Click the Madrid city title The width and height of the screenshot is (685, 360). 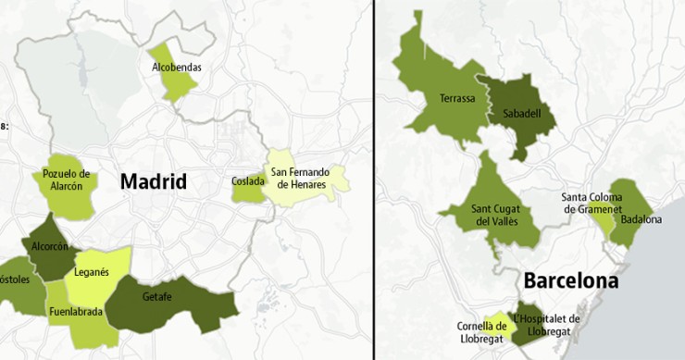(153, 181)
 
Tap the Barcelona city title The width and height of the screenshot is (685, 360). (569, 279)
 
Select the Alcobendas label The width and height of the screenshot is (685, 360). (176, 67)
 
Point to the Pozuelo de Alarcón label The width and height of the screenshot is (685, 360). (67, 180)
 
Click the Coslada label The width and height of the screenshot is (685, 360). (247, 181)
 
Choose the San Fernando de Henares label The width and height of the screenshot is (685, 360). (299, 178)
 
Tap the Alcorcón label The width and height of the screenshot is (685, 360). (50, 247)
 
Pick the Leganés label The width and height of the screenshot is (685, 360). (92, 271)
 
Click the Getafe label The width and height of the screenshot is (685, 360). (158, 297)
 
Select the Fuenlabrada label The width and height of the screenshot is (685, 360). (76, 312)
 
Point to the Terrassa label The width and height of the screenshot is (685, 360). (457, 98)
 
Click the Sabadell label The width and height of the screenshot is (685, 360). (522, 114)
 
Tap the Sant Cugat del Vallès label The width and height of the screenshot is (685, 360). (492, 215)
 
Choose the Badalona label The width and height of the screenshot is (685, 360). (641, 219)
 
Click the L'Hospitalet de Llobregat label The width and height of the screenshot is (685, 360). (546, 325)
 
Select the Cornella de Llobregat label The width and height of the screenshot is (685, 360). (481, 331)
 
